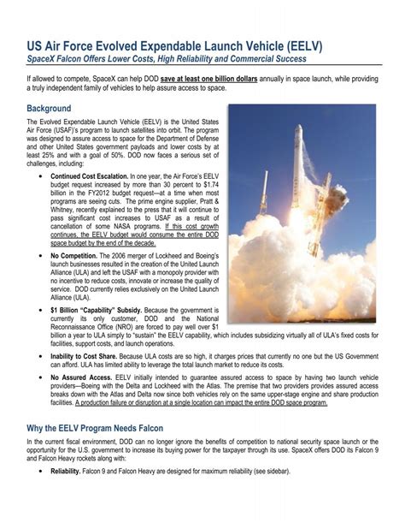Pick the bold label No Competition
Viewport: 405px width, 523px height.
tap(78, 256)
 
